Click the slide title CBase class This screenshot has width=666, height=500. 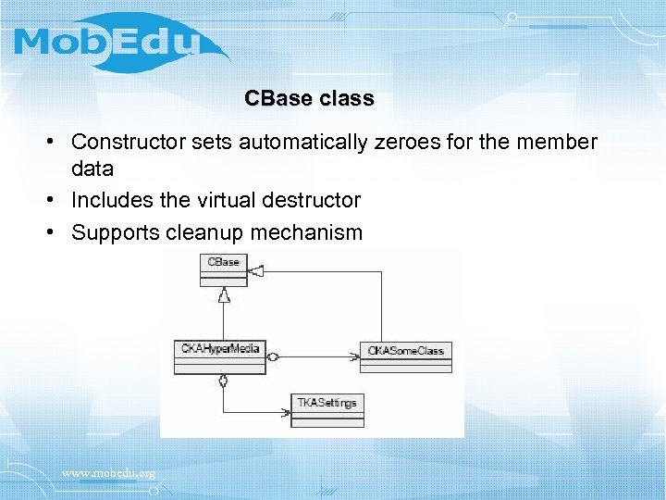tap(309, 98)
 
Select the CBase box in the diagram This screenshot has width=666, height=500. tap(223, 270)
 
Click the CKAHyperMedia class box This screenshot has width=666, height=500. tap(219, 356)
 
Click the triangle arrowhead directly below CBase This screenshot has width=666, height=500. tap(223, 294)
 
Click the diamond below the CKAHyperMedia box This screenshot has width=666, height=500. tap(223, 381)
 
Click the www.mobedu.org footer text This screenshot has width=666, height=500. tap(108, 474)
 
